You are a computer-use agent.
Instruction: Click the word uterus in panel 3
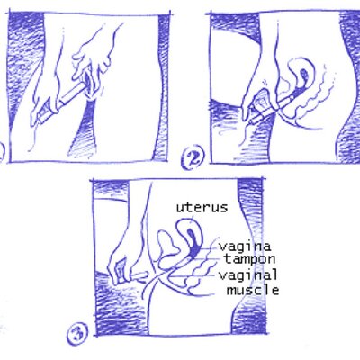(202, 208)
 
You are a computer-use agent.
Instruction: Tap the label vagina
(245, 247)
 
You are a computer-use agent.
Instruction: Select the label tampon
(249, 259)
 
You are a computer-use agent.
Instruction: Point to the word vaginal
(247, 274)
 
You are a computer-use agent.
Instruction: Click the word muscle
(253, 290)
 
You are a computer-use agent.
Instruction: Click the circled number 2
(193, 157)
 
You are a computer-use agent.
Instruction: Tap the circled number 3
(77, 333)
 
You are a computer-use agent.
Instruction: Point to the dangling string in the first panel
(35, 137)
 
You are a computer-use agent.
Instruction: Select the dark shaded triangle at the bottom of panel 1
(84, 132)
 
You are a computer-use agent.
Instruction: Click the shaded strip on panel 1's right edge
(161, 87)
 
